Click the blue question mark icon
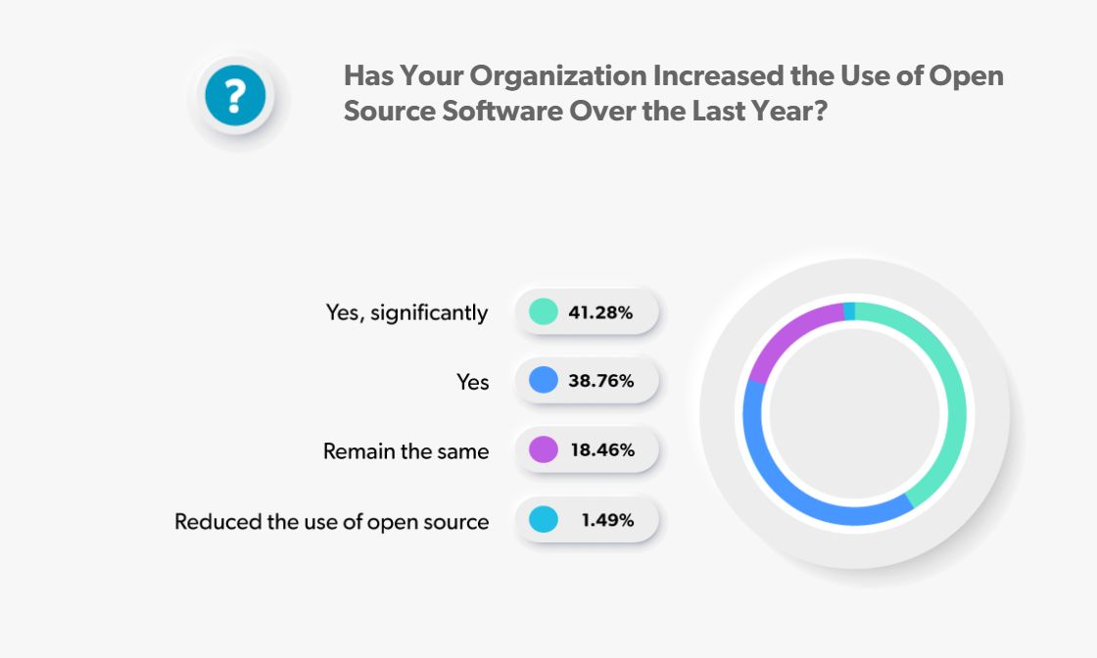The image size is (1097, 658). [234, 97]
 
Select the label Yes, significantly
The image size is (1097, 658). [406, 313]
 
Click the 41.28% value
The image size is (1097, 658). [600, 313]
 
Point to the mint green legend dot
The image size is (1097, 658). [543, 312]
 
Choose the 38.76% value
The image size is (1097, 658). [600, 381]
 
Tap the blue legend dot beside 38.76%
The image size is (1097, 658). [543, 381]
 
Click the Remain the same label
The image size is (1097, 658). [405, 451]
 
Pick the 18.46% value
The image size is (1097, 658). [600, 450]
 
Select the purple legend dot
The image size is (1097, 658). [543, 450]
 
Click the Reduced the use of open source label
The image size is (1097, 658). [331, 521]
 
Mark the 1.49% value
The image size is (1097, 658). [606, 520]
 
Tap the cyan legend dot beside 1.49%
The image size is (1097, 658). [543, 520]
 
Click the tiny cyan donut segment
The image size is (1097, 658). [849, 310]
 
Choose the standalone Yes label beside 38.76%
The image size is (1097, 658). [472, 382]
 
